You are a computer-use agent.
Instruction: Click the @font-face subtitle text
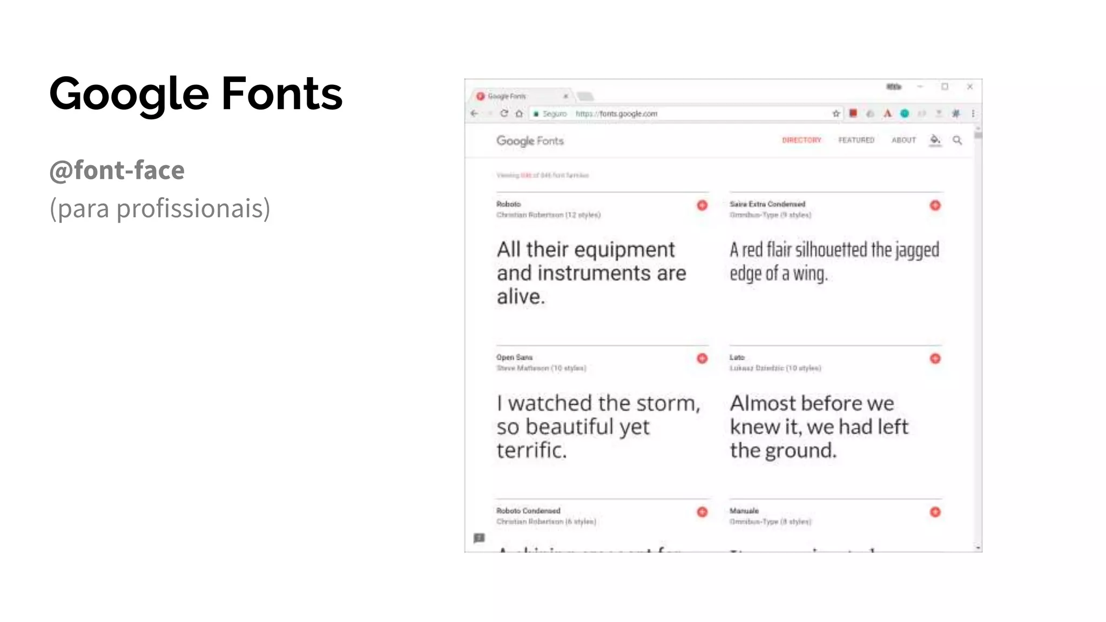point(117,170)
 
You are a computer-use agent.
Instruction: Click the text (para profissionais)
point(160,208)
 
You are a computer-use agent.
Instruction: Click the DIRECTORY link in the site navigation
point(801,140)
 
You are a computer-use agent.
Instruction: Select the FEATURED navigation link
point(856,140)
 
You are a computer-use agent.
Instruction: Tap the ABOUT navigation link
point(903,140)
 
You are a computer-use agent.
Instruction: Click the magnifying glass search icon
point(957,140)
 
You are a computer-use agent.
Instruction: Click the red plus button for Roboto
point(702,205)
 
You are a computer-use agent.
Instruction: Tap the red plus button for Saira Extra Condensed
point(935,205)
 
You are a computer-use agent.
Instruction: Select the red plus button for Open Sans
point(702,359)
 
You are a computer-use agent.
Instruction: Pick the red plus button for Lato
point(935,359)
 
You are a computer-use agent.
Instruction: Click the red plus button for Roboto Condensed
point(702,512)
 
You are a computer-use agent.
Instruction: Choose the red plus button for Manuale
point(935,512)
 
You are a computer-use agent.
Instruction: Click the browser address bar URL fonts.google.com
point(616,114)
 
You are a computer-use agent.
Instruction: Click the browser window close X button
point(970,86)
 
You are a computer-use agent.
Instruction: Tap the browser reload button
point(504,113)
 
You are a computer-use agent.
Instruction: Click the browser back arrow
point(474,113)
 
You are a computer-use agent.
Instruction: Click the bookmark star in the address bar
point(836,113)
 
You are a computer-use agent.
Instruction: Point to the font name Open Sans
point(514,357)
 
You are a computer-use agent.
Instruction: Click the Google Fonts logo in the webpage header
point(530,141)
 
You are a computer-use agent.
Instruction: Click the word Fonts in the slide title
point(282,93)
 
